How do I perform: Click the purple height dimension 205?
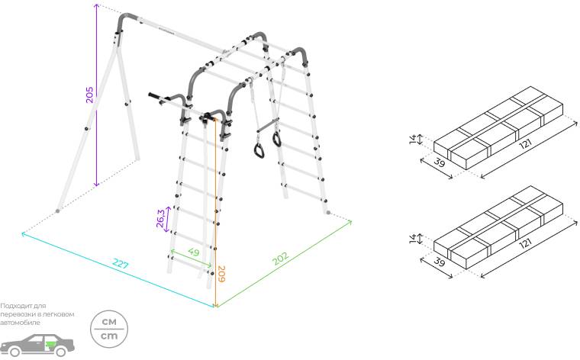pos(90,95)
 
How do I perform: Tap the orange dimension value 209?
pos(221,274)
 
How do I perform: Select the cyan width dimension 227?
pos(121,264)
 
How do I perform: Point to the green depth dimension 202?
pos(280,259)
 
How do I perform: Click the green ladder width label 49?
pos(193,252)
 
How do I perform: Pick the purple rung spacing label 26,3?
pos(160,218)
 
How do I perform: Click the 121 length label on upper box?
pos(526,144)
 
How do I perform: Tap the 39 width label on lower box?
pos(439,262)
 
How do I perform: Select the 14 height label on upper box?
pos(413,140)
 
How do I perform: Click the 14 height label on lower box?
pos(413,239)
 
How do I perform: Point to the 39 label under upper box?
pos(439,162)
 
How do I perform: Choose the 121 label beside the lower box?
pos(526,243)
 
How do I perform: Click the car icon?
pos(37,346)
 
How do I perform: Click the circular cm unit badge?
pos(109,329)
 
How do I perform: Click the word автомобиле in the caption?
pos(20,323)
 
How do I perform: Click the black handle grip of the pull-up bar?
pos(153,96)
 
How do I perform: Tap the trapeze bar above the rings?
pos(268,126)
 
